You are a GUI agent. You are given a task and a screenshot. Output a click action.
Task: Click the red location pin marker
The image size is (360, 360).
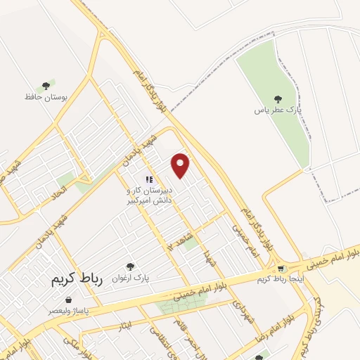click(x=181, y=165)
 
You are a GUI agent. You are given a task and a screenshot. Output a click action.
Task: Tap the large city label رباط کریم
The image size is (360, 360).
click(x=77, y=279)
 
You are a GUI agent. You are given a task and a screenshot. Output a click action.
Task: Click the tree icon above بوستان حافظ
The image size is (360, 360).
click(x=46, y=85)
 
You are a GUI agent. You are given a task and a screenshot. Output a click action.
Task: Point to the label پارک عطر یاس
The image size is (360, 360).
click(x=276, y=110)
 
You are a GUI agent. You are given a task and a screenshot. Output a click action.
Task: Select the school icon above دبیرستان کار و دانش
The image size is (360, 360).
click(x=148, y=180)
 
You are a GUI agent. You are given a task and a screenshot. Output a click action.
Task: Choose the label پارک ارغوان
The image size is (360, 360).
click(x=129, y=277)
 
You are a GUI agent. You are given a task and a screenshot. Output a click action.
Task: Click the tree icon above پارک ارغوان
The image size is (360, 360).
click(x=129, y=266)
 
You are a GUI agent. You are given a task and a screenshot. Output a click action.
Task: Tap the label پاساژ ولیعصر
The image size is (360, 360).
click(x=68, y=309)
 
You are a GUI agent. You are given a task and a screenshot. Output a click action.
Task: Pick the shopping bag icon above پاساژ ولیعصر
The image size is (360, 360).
click(x=68, y=300)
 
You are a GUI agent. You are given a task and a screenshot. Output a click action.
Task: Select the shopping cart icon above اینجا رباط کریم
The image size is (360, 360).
click(x=281, y=268)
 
